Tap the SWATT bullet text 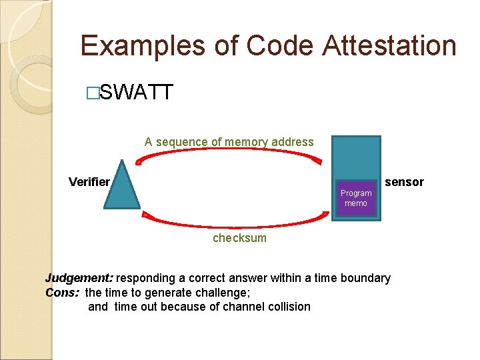pos(136,93)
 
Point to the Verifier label pos(89,182)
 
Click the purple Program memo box pos(356,198)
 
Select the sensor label pos(404,182)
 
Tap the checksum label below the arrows pos(239,238)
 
